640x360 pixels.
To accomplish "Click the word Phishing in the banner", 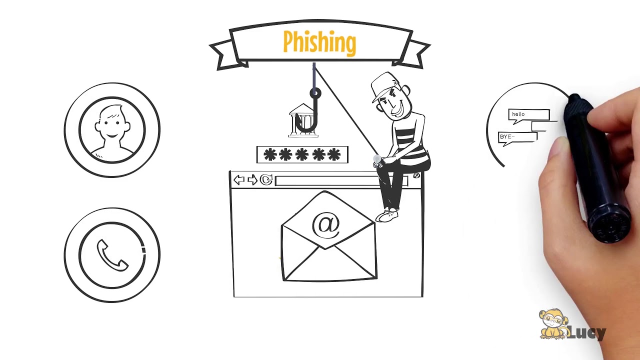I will pyautogui.click(x=319, y=42).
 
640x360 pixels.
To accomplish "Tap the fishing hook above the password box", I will pyautogui.click(x=313, y=115).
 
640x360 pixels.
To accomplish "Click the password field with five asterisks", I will pyautogui.click(x=302, y=155).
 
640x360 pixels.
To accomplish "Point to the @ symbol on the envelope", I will pyautogui.click(x=326, y=224).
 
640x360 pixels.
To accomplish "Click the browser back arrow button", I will pyautogui.click(x=239, y=180).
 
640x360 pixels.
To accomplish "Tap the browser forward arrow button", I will pyautogui.click(x=252, y=180).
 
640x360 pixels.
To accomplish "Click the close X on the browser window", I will pyautogui.click(x=416, y=175).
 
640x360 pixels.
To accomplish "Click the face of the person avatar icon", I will pyautogui.click(x=112, y=122).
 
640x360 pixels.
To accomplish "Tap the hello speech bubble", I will pyautogui.click(x=528, y=114).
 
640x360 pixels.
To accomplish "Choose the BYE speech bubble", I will pyautogui.click(x=517, y=137).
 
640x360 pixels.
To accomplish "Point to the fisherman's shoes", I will pyautogui.click(x=387, y=215).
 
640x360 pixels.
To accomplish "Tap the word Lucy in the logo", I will pyautogui.click(x=587, y=332).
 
